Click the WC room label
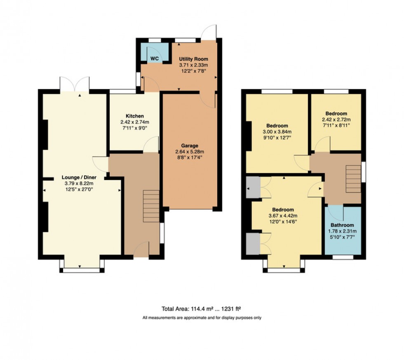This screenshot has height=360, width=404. [154, 59]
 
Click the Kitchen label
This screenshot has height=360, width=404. [134, 116]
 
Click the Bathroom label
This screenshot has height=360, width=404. [342, 225]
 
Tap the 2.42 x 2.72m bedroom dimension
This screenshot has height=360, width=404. [336, 119]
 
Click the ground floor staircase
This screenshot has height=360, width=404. [151, 206]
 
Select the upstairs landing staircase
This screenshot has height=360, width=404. [353, 178]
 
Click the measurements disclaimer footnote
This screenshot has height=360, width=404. [202, 318]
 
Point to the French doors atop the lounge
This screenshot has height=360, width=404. [75, 84]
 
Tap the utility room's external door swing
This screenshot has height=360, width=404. [210, 33]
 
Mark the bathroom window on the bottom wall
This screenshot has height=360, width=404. [343, 257]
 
